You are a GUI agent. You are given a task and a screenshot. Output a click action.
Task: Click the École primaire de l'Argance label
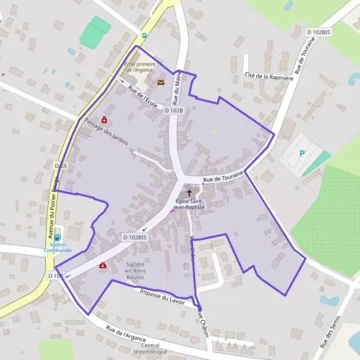tap(140, 67)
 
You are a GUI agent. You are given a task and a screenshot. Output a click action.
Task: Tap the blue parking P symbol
tap(302, 153)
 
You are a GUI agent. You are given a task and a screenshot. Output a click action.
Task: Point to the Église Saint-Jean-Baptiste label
tap(190, 204)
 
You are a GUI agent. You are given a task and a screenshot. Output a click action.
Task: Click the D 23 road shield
tap(60, 165)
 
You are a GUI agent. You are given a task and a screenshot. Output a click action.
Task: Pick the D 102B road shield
tap(174, 110)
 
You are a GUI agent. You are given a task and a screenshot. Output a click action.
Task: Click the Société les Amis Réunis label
tap(134, 270)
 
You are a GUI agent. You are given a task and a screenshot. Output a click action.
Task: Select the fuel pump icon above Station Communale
tap(58, 237)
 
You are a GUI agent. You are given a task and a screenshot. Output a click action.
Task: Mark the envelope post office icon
tap(160, 83)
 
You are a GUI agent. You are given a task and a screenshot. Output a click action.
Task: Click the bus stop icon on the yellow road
tap(143, 35)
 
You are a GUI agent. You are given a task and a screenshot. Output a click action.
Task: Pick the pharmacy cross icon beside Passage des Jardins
tap(105, 119)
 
